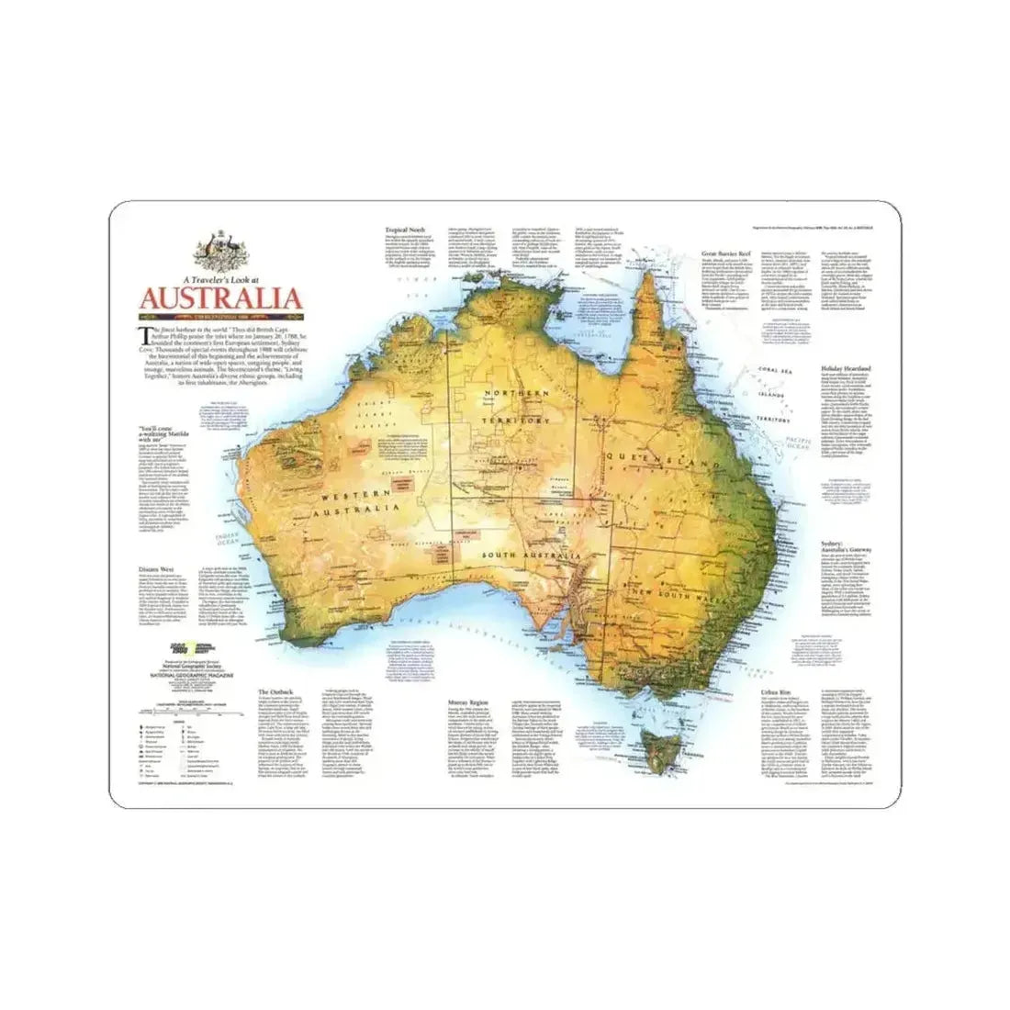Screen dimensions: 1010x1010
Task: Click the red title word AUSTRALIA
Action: (219, 299)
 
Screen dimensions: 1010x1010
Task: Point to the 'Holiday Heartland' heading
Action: (845, 367)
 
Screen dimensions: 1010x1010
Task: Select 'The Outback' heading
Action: (275, 690)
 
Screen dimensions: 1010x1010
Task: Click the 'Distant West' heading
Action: (154, 567)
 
